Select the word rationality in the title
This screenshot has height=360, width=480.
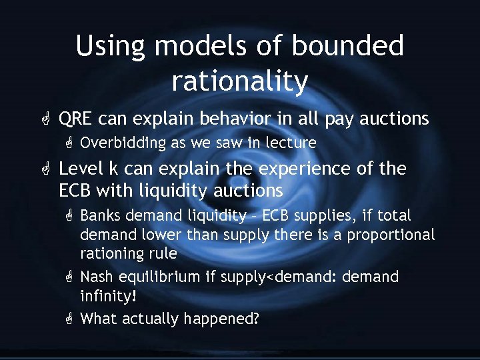tap(240, 81)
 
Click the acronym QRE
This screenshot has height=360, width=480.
tap(77, 119)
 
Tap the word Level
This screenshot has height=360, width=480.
tap(79, 169)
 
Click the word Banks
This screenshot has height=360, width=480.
tap(101, 216)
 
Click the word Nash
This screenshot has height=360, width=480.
tap(97, 277)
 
